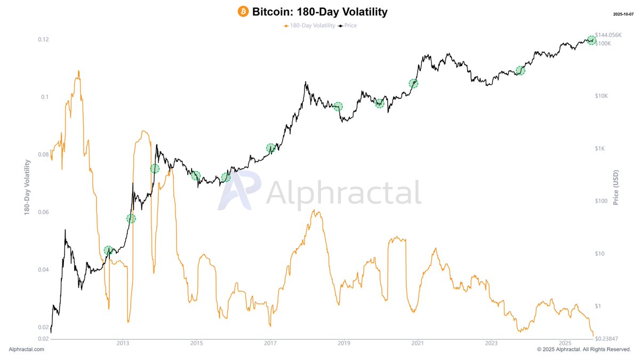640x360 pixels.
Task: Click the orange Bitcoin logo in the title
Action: click(243, 12)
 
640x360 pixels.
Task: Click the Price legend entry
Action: click(350, 26)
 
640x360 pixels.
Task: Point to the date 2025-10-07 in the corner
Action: click(624, 13)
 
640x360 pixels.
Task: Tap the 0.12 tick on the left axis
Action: click(44, 39)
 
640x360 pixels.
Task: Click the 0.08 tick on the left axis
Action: click(44, 155)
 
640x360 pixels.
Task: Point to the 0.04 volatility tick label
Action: click(44, 270)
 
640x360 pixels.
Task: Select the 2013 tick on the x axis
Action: click(123, 343)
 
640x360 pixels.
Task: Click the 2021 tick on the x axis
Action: click(418, 343)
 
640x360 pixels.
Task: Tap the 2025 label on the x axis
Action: click(565, 343)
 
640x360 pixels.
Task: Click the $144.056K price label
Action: click(609, 35)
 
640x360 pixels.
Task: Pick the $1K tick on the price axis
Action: click(602, 149)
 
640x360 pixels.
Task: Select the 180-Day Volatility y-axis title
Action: click(26, 187)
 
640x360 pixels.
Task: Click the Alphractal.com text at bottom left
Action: click(27, 349)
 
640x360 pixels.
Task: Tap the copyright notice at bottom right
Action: click(583, 349)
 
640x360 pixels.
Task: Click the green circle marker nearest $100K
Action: click(591, 41)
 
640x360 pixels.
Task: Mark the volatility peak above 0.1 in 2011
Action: click(78, 71)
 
